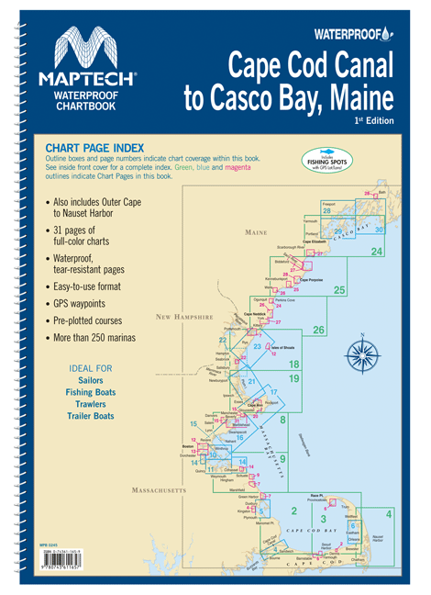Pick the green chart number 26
click(318, 331)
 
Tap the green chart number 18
click(294, 365)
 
